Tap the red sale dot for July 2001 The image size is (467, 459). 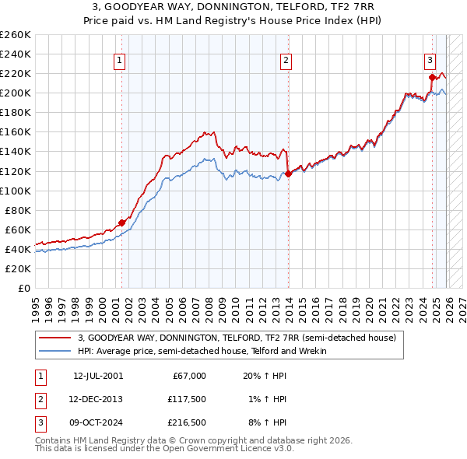(121, 222)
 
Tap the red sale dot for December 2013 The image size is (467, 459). (287, 173)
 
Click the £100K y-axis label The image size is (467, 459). (16, 191)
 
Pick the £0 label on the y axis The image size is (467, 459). (23, 288)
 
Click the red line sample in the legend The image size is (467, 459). (55, 338)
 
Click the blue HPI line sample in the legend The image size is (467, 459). (55, 351)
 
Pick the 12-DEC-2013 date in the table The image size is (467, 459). (97, 399)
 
